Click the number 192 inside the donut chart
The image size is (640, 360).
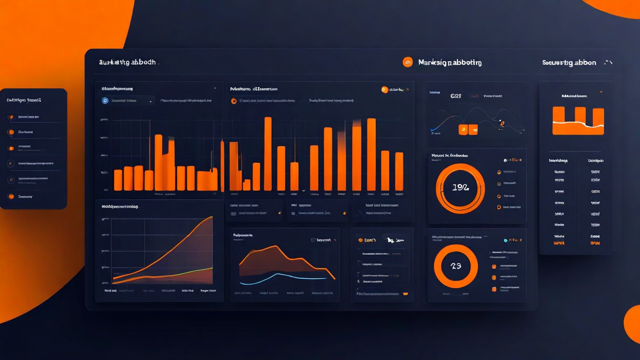click(460, 188)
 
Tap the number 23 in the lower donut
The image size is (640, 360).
click(456, 266)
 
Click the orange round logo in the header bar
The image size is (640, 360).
click(408, 62)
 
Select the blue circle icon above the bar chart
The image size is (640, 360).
click(105, 100)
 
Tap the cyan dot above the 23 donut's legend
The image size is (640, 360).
click(506, 240)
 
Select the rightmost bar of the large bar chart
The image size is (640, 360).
click(399, 171)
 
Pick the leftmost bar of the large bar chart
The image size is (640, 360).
click(118, 180)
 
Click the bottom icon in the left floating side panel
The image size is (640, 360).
click(11, 196)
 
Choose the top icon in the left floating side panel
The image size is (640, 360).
click(11, 117)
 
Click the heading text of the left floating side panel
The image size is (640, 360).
click(23, 100)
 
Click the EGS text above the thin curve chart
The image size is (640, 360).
click(455, 95)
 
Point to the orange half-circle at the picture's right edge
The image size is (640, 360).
click(633, 324)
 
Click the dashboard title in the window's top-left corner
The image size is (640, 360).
click(127, 62)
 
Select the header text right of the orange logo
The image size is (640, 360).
click(449, 63)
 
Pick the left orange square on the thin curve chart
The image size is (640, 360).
click(463, 130)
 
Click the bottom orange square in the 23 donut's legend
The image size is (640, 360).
click(494, 289)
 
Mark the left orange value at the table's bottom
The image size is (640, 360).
click(559, 243)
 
